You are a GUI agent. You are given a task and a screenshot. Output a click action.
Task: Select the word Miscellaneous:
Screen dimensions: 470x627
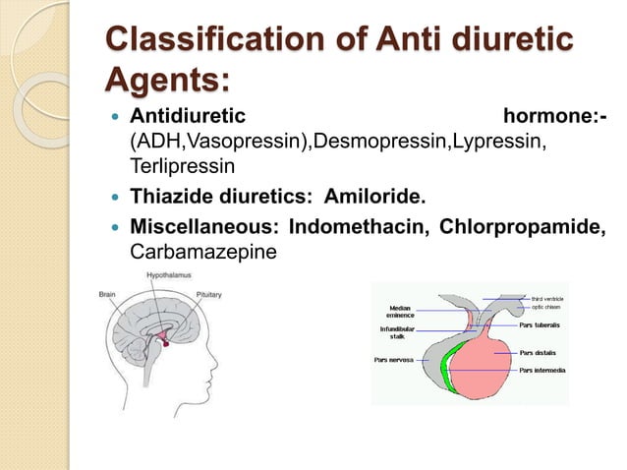point(205,228)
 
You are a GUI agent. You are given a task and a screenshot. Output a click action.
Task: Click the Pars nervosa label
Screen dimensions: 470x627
point(393,360)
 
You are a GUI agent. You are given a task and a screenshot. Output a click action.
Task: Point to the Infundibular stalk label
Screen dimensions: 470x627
point(398,332)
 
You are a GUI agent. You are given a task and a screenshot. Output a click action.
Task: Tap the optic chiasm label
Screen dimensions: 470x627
point(545,307)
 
